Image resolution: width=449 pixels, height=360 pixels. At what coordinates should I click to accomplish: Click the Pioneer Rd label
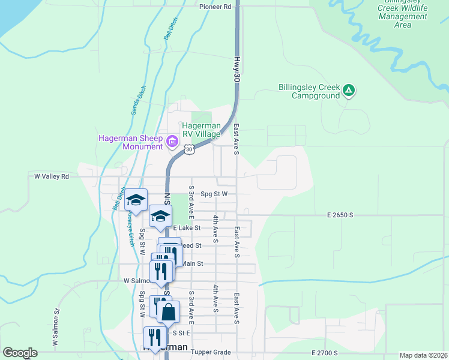coord(215,7)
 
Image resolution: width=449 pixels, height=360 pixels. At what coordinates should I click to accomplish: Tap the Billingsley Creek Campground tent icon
coord(349,91)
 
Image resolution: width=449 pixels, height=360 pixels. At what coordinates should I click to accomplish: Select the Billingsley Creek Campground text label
coord(309,91)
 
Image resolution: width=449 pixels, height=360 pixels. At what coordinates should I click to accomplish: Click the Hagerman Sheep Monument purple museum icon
coord(172,142)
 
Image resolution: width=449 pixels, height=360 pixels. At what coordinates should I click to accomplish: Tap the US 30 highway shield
coord(189,149)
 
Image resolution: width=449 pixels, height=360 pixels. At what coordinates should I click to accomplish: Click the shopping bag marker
coord(169,311)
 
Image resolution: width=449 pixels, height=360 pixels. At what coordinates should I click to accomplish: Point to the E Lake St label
coord(187,228)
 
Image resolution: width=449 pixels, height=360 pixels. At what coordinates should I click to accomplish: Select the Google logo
coord(20,353)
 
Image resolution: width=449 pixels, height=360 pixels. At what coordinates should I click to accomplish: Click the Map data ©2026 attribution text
coord(423,356)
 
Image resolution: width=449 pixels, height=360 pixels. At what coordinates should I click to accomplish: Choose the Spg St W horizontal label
coord(214,194)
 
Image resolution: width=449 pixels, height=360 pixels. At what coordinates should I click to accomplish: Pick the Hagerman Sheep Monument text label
coord(131,142)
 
